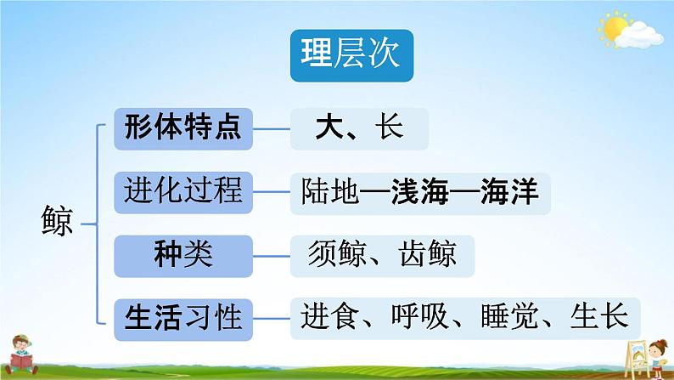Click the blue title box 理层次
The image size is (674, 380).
[x=351, y=55]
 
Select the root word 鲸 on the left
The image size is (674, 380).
[x=57, y=221]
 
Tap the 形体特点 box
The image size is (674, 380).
[x=183, y=128]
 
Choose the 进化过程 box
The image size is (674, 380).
[x=183, y=192]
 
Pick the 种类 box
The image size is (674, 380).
[x=183, y=256]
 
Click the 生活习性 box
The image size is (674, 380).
[x=183, y=320]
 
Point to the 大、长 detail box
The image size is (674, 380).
[x=359, y=128]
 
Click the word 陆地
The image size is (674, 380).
[x=330, y=191]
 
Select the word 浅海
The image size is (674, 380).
[x=420, y=191]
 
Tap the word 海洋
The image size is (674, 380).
[x=510, y=191]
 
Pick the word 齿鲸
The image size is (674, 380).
[x=428, y=254]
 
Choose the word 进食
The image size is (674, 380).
[x=330, y=318]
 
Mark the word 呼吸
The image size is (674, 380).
[x=420, y=318]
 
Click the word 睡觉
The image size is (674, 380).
[x=510, y=318]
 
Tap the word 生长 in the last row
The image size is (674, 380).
[x=599, y=318]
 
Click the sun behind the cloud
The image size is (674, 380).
[x=613, y=27]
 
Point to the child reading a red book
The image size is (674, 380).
[x=21, y=354]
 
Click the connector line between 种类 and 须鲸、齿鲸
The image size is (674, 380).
[x=272, y=257]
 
